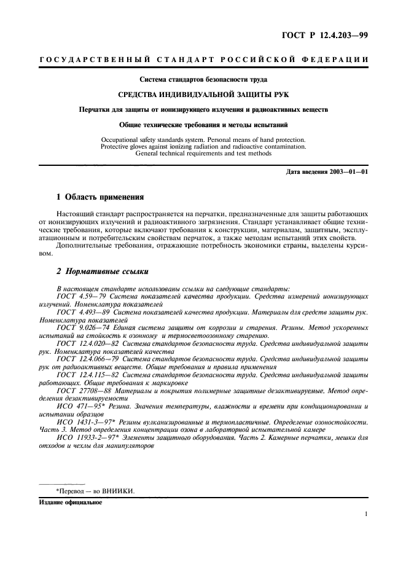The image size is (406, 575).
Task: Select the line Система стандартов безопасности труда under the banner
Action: pos(203,79)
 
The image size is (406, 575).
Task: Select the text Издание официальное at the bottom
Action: pos(70,501)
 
